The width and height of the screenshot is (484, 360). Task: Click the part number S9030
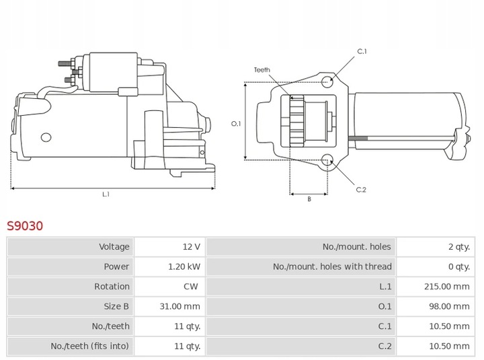click(x=25, y=225)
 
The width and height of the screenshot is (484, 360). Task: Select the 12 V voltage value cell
click(x=191, y=247)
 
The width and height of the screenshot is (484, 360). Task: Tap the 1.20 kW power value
click(x=184, y=266)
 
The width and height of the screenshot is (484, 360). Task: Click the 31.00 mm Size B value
click(x=182, y=306)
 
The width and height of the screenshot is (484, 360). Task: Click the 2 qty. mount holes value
click(x=458, y=247)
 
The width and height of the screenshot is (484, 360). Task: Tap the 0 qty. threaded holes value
click(x=458, y=266)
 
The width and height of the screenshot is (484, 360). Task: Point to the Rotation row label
click(x=112, y=287)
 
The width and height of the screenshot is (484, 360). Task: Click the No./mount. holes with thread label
click(x=332, y=266)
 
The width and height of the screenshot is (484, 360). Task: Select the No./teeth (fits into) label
click(x=90, y=346)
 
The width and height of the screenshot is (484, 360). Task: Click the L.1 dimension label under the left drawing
click(x=106, y=194)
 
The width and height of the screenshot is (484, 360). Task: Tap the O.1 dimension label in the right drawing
click(x=236, y=123)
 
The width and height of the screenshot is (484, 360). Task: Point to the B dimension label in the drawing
click(x=309, y=200)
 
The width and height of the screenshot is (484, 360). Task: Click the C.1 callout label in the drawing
click(x=361, y=51)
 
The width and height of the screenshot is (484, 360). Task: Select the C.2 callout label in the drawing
click(x=361, y=190)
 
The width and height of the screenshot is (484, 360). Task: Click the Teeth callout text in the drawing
click(x=261, y=69)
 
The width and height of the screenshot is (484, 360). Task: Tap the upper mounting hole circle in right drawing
click(x=327, y=82)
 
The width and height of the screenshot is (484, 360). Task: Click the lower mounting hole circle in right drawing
click(x=327, y=160)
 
